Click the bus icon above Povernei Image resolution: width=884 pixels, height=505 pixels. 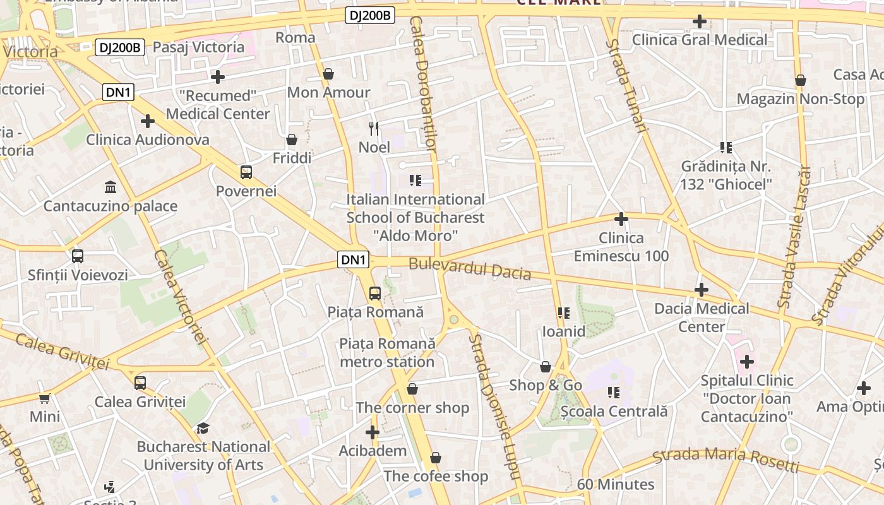click(246, 172)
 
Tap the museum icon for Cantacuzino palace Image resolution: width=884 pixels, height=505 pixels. click(110, 187)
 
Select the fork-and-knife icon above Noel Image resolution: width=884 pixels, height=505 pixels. click(374, 129)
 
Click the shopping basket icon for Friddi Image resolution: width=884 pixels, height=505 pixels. click(292, 140)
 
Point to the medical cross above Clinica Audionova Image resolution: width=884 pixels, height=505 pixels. click(148, 121)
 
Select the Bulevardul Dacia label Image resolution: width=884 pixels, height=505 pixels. click(470, 268)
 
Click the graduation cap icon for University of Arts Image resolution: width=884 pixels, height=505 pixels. click(203, 428)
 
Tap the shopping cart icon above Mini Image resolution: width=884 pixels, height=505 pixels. click(45, 398)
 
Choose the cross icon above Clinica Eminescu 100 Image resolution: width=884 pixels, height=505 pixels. click(621, 219)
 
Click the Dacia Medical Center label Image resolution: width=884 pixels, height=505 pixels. click(702, 318)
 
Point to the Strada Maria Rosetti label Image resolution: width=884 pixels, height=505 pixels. click(726, 460)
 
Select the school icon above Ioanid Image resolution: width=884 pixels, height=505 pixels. click(563, 312)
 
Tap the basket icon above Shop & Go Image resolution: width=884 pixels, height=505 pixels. click(546, 367)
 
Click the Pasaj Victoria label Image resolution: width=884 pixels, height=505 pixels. click(198, 47)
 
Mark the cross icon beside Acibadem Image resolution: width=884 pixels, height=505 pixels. click(373, 432)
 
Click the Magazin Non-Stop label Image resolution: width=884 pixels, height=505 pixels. click(801, 99)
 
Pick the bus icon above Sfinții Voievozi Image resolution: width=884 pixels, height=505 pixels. click(78, 256)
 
